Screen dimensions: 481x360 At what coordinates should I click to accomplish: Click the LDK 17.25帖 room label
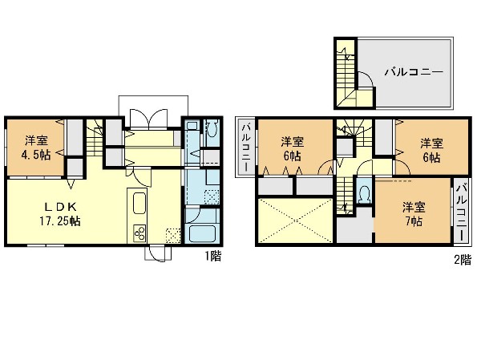point(60,214)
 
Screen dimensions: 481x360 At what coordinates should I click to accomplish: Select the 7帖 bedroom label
point(414,214)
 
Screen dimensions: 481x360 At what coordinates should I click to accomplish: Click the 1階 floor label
point(213,256)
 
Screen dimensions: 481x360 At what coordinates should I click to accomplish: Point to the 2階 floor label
point(463,260)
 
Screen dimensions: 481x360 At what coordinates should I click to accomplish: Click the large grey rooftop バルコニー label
point(414,72)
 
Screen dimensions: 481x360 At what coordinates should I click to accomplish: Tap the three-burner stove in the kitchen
point(139,233)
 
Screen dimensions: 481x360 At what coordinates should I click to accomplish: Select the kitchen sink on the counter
point(139,203)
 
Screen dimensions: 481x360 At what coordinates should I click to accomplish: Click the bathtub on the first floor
point(202,234)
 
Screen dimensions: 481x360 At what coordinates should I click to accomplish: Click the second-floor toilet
point(365,194)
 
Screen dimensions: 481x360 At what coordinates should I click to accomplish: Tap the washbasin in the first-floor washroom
point(192,126)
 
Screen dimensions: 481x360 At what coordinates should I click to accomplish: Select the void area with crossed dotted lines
point(295,220)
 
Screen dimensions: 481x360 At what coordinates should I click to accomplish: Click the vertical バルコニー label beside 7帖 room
point(463,212)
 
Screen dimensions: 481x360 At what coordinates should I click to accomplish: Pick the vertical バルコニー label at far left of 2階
point(246,147)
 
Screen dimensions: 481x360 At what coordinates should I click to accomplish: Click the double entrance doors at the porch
point(149,118)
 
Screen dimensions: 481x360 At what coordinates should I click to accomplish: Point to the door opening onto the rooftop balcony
point(366,80)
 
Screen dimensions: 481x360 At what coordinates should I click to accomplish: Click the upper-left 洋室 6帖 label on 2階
point(293,149)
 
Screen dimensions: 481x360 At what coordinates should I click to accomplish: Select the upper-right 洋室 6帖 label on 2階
point(431,150)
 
